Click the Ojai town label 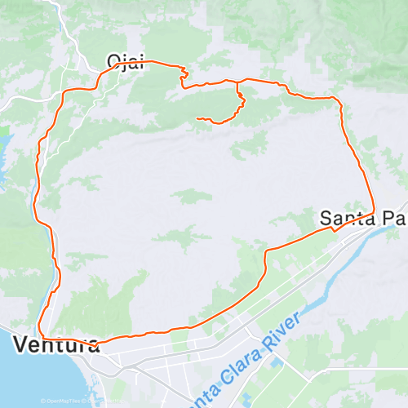tap(126, 61)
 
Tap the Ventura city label tap(56, 344)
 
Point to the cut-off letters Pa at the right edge tap(395, 218)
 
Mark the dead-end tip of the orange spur tap(197, 119)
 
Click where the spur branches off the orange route tap(237, 82)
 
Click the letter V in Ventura tap(20, 344)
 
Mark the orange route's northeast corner tap(337, 99)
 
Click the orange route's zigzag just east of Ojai tap(183, 77)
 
